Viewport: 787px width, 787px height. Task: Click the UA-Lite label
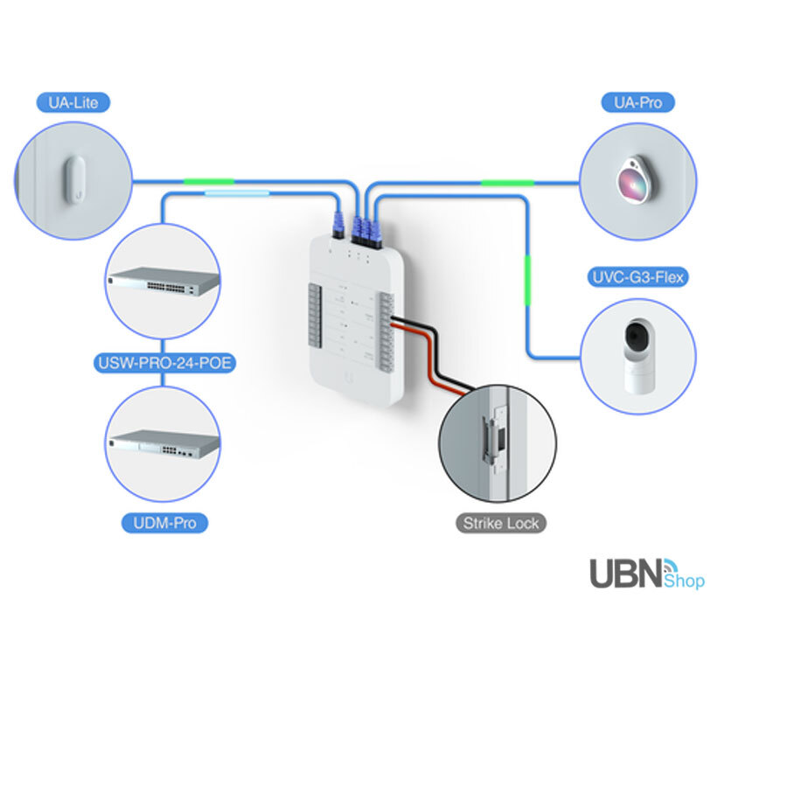73,102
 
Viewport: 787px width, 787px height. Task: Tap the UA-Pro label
638,102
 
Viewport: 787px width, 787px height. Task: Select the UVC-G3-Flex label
637,278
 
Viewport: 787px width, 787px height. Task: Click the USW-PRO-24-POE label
164,362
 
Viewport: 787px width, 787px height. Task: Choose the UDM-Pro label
164,524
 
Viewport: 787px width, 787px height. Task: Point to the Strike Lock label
501,524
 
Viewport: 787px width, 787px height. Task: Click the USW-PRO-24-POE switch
163,281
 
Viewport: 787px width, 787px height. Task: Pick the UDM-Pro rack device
163,444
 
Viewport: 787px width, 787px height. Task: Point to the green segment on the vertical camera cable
527,280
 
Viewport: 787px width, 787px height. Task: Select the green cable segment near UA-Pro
507,183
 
